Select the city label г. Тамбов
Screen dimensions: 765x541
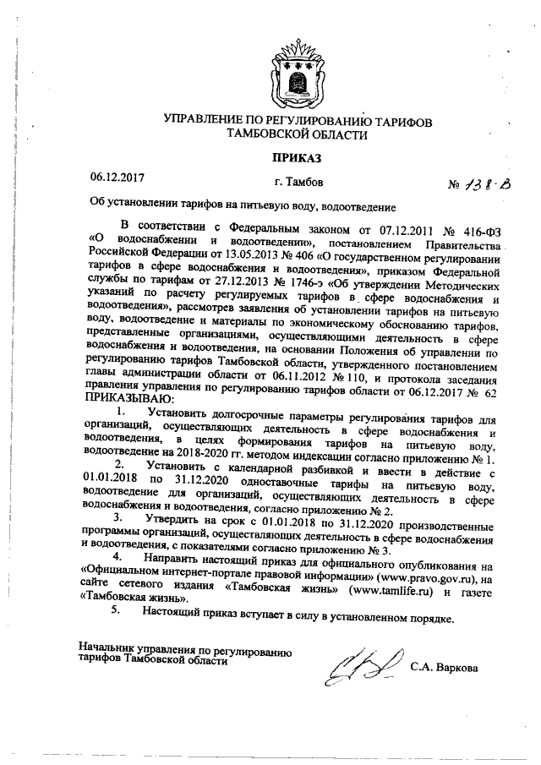298,181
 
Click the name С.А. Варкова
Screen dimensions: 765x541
444,668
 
